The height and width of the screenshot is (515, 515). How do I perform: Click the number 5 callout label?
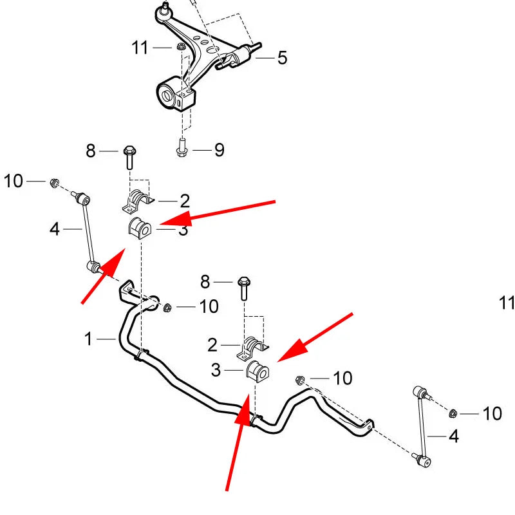282,57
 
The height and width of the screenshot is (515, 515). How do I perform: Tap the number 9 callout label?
220,150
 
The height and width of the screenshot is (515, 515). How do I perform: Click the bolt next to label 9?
182,147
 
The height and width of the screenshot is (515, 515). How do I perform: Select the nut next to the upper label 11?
180,46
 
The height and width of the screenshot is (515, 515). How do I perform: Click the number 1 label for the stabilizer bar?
88,339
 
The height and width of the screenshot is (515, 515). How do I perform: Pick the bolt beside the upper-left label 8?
130,158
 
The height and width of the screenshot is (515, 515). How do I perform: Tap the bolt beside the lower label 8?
244,288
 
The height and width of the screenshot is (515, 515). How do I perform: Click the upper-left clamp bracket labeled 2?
138,200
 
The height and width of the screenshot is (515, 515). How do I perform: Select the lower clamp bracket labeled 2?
252,348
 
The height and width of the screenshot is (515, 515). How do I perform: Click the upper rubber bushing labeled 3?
139,227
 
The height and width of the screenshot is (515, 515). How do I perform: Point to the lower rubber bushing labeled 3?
257,371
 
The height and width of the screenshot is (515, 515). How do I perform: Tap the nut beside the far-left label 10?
54,182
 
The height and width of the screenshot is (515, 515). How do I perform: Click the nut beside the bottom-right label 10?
453,413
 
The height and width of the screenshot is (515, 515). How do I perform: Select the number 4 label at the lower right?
454,436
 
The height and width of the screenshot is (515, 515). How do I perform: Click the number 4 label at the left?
55,229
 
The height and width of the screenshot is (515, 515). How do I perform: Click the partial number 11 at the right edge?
507,303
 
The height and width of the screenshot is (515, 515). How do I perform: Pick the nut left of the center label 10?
167,308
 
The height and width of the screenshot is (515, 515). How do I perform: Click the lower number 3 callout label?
216,370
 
